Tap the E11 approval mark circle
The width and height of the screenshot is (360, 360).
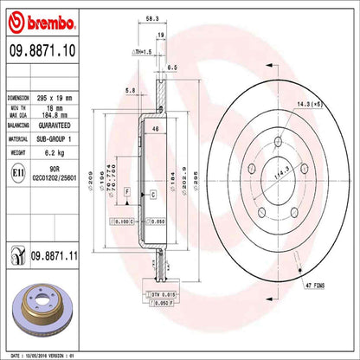[x=16, y=173]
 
